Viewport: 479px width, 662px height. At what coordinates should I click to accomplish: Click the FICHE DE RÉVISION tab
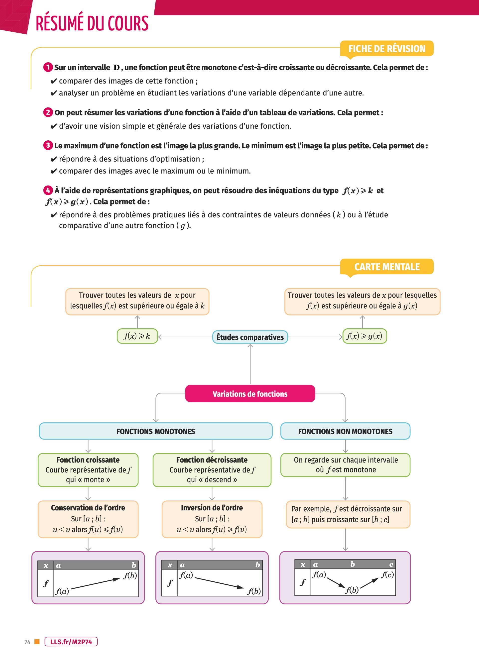(387, 48)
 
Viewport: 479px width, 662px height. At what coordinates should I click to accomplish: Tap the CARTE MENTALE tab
(387, 267)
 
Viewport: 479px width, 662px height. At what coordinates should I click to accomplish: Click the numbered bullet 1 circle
(48, 67)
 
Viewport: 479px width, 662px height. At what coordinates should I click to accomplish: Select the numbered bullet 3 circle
(48, 145)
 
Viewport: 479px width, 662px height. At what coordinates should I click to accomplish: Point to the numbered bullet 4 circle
(48, 190)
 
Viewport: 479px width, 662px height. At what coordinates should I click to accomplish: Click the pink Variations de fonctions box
(250, 394)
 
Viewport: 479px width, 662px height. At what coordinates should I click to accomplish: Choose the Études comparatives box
(250, 337)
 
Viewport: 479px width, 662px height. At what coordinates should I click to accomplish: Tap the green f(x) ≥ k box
(137, 336)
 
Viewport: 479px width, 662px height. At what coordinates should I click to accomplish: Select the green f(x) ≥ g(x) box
(364, 336)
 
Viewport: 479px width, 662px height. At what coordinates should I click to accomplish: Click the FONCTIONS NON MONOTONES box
(345, 431)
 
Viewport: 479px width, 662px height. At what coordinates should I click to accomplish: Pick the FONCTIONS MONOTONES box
(156, 431)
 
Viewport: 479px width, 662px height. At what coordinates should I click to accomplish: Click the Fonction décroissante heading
(212, 460)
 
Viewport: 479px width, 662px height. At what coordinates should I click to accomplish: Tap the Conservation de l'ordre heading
(88, 508)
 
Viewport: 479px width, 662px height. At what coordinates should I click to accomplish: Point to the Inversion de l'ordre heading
(212, 508)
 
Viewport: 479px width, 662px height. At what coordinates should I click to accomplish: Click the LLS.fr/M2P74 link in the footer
(71, 642)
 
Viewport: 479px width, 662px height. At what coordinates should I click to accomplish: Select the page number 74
(27, 642)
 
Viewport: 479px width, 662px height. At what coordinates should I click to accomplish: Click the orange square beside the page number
(37, 642)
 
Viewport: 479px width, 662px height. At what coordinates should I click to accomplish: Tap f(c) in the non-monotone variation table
(387, 574)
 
